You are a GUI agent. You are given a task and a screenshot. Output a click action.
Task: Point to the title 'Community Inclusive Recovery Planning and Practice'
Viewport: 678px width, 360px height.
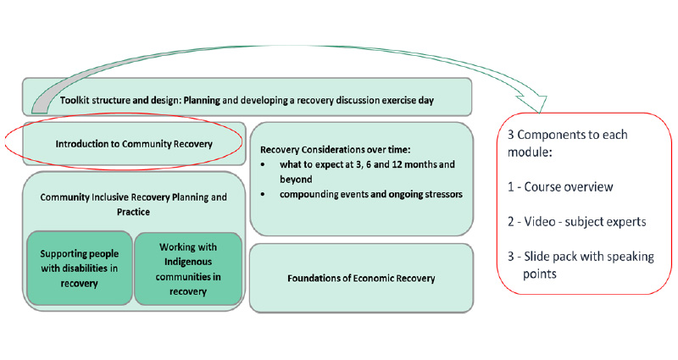(x=134, y=204)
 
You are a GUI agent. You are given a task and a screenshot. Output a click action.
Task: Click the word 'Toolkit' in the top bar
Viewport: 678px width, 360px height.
(x=80, y=100)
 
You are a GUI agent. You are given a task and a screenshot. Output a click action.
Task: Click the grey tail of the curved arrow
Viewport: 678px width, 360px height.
(x=40, y=102)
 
